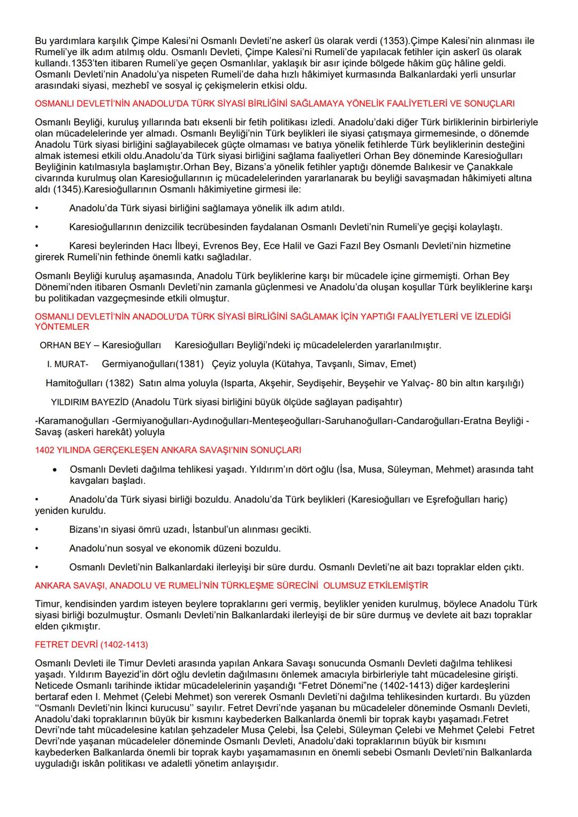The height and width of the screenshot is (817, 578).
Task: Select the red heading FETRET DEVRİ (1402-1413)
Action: [x=92, y=644]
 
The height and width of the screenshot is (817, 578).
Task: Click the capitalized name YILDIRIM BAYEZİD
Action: [x=90, y=402]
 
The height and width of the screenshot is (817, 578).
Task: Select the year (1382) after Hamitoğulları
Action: [x=119, y=383]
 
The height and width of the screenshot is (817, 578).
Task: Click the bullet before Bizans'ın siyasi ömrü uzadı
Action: [x=37, y=530]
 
